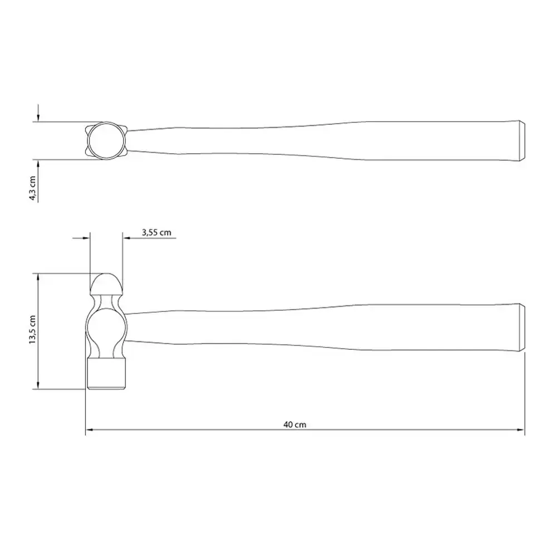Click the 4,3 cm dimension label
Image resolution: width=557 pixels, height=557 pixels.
[x=33, y=188]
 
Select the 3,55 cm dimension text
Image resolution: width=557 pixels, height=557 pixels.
[x=157, y=233]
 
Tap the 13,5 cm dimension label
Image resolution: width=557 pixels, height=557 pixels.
[x=33, y=329]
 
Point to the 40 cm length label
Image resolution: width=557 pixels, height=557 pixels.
[x=295, y=424]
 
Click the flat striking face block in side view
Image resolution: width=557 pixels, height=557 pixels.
[x=106, y=374]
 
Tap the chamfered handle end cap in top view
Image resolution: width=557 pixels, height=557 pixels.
[x=522, y=141]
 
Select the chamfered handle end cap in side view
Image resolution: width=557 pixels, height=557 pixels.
[x=522, y=328]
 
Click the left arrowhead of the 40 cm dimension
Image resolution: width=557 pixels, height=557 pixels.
[x=89, y=430]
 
